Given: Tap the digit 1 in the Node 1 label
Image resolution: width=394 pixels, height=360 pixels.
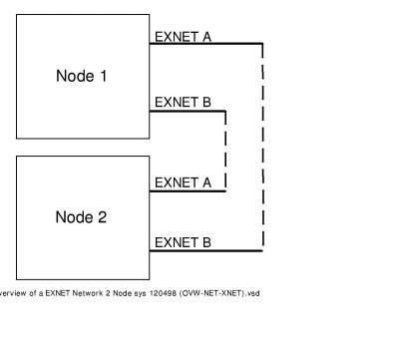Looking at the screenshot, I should pos(102,76).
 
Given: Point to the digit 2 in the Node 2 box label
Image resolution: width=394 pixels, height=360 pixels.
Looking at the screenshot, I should pos(102,217).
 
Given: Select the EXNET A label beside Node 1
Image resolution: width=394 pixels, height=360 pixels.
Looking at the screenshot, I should pos(183,37).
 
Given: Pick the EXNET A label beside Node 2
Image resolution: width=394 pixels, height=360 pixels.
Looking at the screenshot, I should pos(183,182).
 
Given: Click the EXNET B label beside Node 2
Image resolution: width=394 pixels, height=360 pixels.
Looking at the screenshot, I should pos(183,241).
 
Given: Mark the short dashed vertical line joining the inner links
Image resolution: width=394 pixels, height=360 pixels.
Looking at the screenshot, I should pos(226,150).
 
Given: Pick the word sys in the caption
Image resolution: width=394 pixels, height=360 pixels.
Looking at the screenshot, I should pos(132,293).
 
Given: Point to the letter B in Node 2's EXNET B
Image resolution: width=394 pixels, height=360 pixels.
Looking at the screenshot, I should pos(205,241).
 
